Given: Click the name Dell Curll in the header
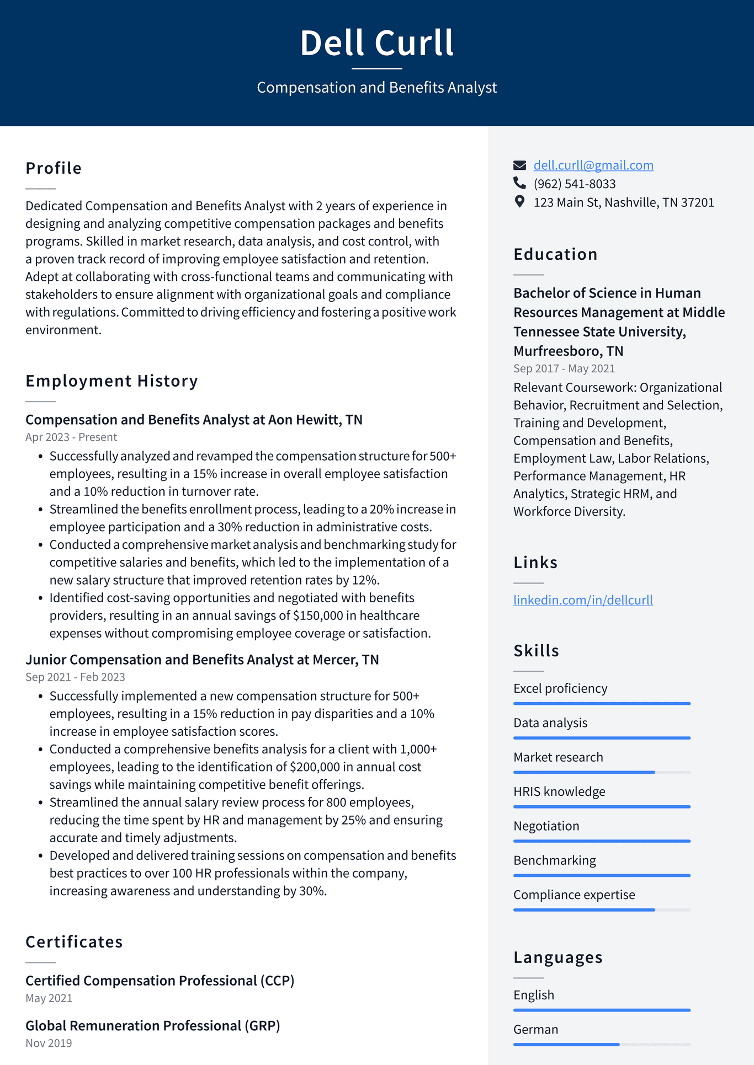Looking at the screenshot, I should [x=376, y=43].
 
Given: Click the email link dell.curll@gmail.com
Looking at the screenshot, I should [x=593, y=165].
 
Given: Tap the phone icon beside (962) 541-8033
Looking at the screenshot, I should [x=519, y=183].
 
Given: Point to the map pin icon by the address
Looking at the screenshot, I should [x=519, y=201].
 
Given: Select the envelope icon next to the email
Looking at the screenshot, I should [x=519, y=165].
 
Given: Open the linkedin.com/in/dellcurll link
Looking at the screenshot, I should [x=583, y=600].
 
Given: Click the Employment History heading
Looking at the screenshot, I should [x=111, y=381].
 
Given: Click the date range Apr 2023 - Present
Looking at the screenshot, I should [x=71, y=437].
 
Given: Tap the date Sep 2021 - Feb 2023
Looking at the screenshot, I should [x=75, y=677].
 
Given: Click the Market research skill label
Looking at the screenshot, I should [x=558, y=757].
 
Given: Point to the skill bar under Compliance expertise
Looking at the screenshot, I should [x=601, y=909].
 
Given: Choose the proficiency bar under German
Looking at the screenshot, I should [x=601, y=1044].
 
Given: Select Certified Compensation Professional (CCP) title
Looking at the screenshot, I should [x=160, y=980].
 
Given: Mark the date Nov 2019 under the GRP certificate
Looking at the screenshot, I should [x=49, y=1042].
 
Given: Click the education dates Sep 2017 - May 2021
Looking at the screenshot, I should [x=564, y=368].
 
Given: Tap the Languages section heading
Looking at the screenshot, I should [x=557, y=957].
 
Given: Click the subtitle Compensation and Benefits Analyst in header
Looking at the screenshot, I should [x=376, y=87].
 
